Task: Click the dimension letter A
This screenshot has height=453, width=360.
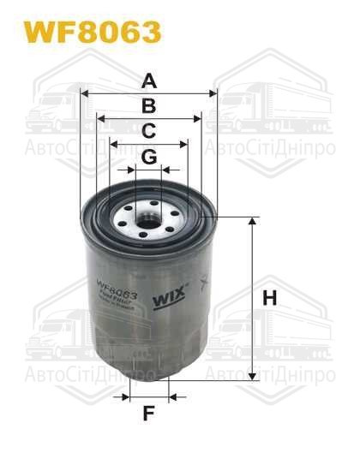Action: (x=149, y=81)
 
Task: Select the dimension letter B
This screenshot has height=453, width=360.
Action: (x=148, y=106)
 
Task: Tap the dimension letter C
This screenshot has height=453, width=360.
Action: (x=148, y=131)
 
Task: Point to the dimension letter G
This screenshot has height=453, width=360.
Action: (x=148, y=157)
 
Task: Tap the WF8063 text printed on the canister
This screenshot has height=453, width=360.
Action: (x=118, y=289)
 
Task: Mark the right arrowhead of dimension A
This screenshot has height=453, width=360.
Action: (x=213, y=94)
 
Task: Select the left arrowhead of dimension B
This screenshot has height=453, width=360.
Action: (x=100, y=119)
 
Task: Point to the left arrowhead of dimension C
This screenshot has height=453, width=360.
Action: (x=113, y=145)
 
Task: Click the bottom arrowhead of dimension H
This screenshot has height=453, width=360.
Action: (x=252, y=378)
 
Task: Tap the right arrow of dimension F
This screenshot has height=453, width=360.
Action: (x=173, y=397)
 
